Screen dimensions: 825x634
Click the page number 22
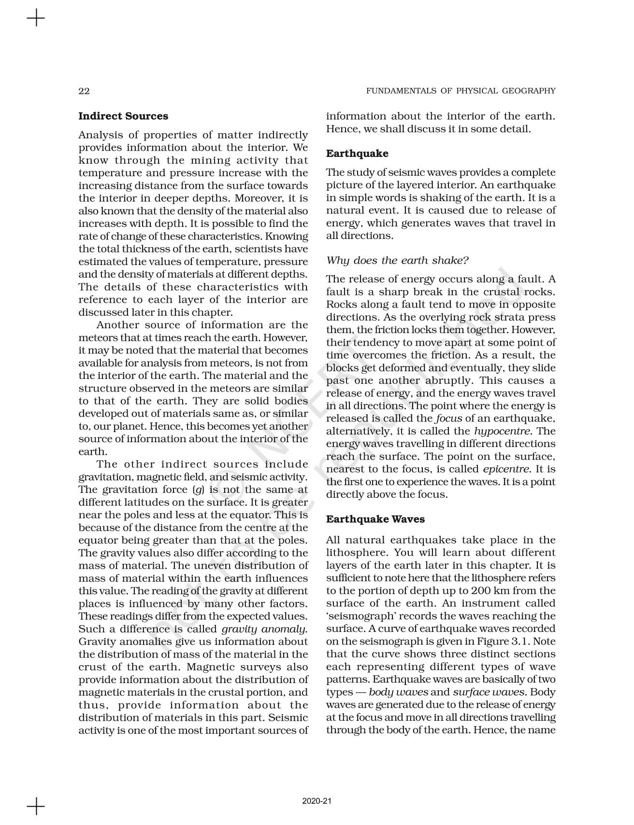coord(84,91)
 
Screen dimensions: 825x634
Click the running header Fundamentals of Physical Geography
coord(461,91)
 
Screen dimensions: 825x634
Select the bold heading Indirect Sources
coord(123,116)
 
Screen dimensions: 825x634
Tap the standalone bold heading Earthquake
coord(357,154)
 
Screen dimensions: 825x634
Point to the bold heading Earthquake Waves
coord(375,519)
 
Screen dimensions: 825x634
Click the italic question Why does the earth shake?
coord(397,261)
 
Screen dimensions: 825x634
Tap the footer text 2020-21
coord(317,801)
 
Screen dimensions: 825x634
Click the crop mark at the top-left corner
coord(36,19)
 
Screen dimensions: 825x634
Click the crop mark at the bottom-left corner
coord(36,806)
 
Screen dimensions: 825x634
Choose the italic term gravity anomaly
coord(264,629)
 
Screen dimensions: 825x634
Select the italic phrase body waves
coord(398,692)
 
